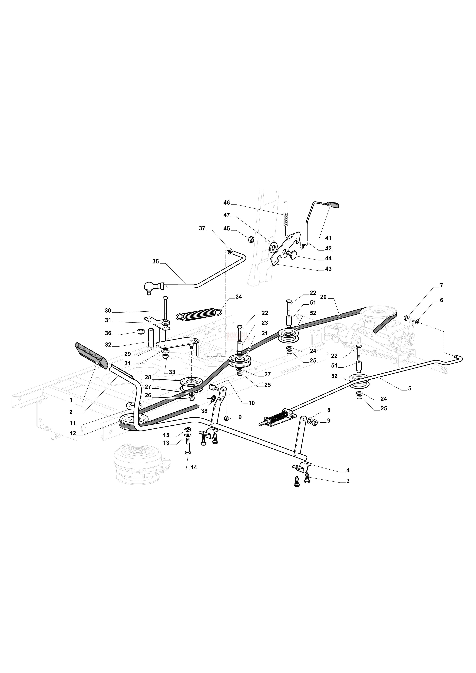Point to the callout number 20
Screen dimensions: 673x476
[x=323, y=297]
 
